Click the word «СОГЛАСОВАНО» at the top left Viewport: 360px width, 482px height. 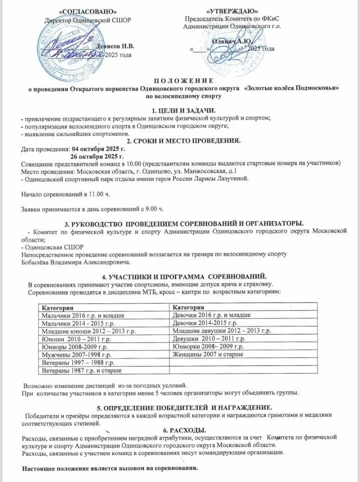pos(82,11)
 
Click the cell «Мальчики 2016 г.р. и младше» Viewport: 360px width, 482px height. pos(82,315)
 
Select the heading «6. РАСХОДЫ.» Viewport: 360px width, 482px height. pos(179,429)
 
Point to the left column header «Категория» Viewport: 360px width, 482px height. pos(57,306)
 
